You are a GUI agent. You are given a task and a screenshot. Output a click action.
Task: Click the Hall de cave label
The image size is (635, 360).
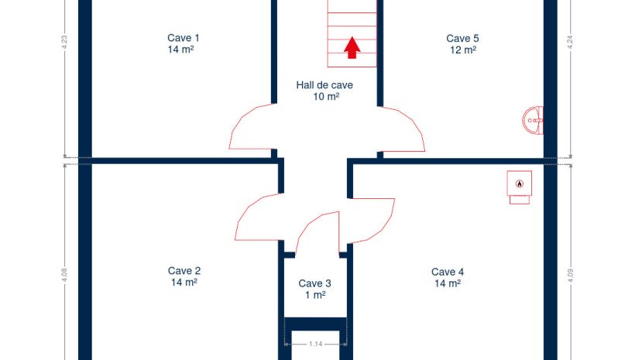pos(324,85)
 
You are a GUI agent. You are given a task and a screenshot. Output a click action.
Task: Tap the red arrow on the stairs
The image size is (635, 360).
pos(352,48)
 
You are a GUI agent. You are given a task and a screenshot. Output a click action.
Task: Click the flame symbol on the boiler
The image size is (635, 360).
pos(519,183)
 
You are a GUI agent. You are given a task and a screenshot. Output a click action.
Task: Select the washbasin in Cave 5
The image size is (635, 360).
pos(533,120)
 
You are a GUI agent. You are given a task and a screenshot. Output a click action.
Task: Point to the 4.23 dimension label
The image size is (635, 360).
pos(64,43)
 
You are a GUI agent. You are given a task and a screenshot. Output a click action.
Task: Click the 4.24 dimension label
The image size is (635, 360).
pos(570,43)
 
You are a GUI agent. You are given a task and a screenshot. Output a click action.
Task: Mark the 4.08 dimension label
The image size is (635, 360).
pos(64,276)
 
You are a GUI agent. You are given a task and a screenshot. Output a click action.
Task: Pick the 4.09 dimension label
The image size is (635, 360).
pos(570,276)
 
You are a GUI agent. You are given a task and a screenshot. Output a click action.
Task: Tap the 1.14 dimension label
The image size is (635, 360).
pos(315,345)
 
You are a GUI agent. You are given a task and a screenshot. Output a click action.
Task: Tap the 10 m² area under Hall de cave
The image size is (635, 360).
pos(326,97)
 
